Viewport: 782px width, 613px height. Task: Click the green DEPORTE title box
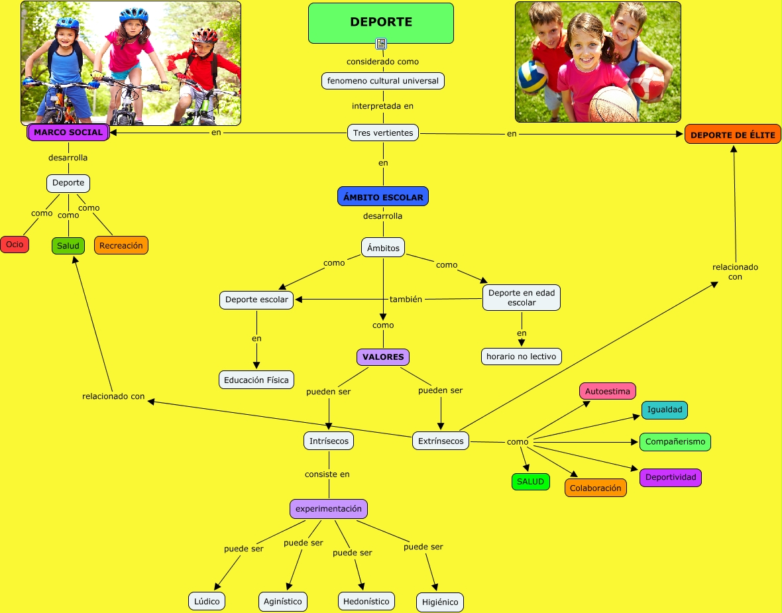tap(381, 23)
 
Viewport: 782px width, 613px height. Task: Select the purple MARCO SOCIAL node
tap(68, 132)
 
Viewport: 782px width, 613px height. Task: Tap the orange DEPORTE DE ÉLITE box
tap(732, 135)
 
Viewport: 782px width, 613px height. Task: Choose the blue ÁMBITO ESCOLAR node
tap(383, 197)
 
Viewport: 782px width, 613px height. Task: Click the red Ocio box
tap(15, 245)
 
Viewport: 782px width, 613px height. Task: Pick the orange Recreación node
tap(121, 245)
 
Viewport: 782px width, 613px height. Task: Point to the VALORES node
tap(383, 357)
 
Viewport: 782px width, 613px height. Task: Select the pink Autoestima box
tap(608, 391)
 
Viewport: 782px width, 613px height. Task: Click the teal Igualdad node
tap(664, 410)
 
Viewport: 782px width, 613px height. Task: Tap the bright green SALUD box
tap(530, 482)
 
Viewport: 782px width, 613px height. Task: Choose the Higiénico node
tap(440, 602)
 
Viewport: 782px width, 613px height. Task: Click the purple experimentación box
tap(329, 509)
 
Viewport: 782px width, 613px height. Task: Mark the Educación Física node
tap(256, 380)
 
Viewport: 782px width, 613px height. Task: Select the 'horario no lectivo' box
tap(522, 357)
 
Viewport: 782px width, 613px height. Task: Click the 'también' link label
tap(406, 299)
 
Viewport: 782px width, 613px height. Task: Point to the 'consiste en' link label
tap(327, 474)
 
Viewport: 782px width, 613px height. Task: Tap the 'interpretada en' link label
tap(383, 105)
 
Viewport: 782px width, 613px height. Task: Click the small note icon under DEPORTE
tap(381, 44)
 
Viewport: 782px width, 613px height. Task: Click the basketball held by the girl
tap(612, 104)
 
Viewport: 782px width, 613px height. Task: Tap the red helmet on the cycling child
tap(205, 35)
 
